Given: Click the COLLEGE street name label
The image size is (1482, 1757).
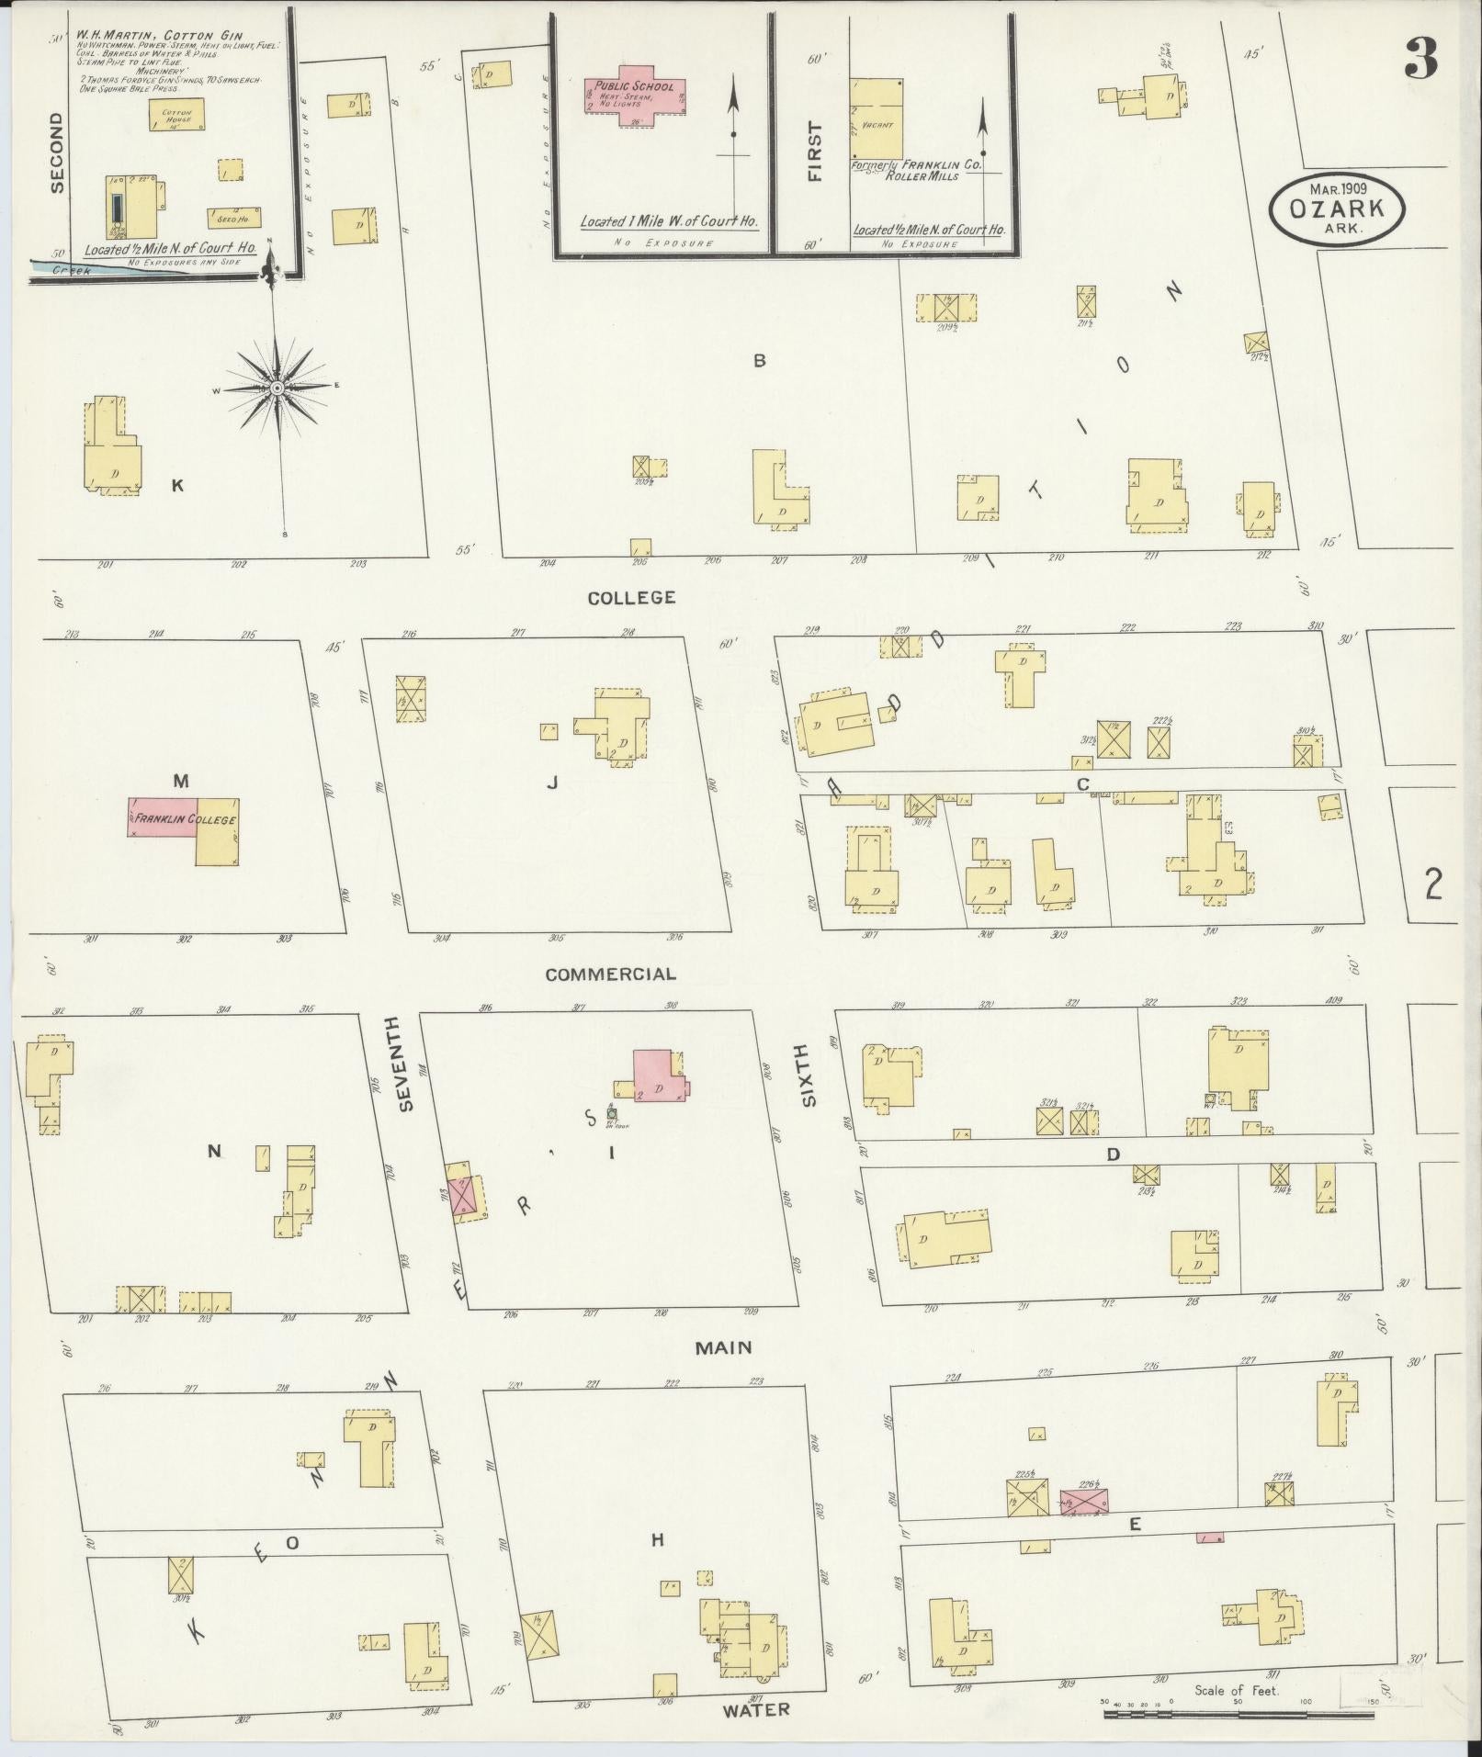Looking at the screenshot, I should (631, 598).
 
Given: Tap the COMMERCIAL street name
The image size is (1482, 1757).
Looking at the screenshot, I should (610, 974).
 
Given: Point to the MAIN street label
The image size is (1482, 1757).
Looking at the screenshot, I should (723, 1347).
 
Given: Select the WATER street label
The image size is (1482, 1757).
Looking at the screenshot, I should (755, 1709).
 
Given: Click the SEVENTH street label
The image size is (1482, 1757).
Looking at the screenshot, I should (407, 1063).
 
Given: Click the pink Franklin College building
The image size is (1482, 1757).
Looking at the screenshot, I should (162, 817).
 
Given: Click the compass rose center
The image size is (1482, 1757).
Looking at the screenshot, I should (277, 389).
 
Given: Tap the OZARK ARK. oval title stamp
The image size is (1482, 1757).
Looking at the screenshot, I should (1337, 209).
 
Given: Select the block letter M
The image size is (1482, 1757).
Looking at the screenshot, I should (181, 781).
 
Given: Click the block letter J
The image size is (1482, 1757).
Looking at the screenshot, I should (552, 782).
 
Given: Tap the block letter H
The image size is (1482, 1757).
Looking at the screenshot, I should (657, 1540).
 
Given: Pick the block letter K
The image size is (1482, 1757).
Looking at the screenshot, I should (177, 486).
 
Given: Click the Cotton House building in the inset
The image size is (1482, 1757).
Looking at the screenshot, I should (176, 115).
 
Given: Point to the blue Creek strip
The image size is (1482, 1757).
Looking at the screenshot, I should (83, 268).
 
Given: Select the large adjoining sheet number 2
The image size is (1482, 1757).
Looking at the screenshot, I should (1432, 884).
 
